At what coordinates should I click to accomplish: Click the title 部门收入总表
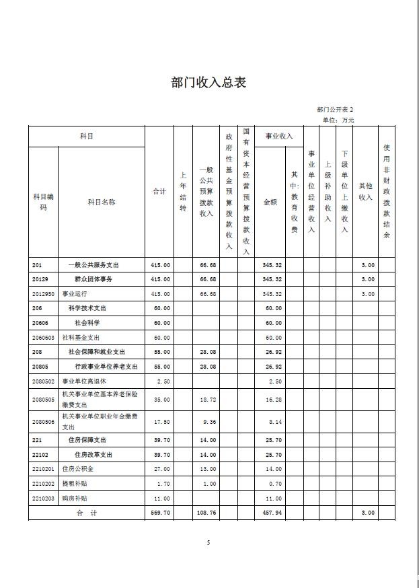(x=209, y=83)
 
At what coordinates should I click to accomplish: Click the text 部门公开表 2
(x=335, y=109)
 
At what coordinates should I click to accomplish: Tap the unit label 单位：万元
(x=338, y=120)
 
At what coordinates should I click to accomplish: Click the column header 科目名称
(x=102, y=202)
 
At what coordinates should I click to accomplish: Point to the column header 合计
(x=159, y=192)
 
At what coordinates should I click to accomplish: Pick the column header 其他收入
(x=365, y=192)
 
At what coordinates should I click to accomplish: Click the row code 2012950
(x=42, y=294)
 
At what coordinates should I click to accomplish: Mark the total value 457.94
(x=272, y=513)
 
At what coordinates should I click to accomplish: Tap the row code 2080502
(x=42, y=381)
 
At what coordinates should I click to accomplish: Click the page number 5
(x=208, y=543)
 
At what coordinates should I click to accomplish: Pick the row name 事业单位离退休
(x=84, y=381)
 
